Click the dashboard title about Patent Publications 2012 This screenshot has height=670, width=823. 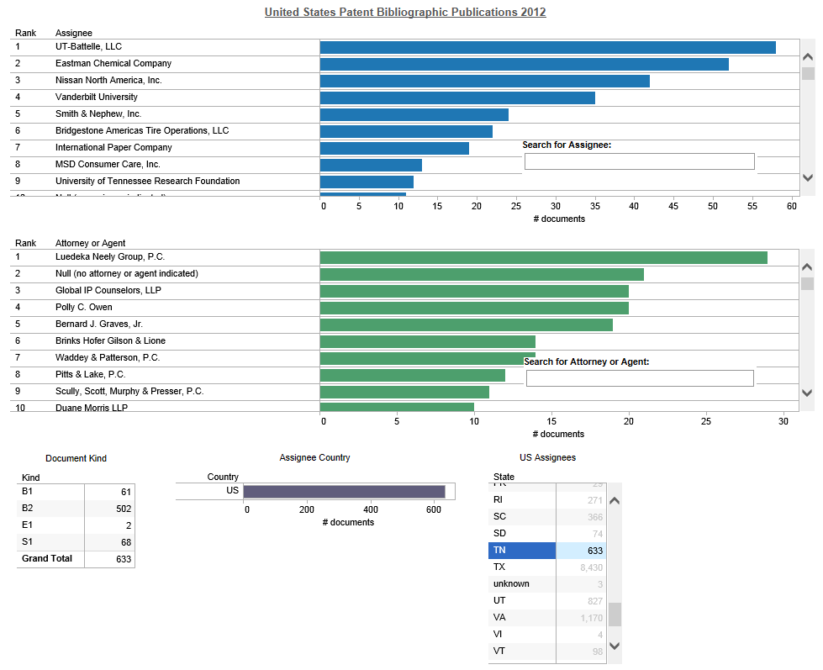coord(405,12)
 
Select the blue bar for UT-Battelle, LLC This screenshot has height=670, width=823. coord(547,47)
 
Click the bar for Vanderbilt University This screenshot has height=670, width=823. coord(457,98)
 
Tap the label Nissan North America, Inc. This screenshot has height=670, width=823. coord(108,80)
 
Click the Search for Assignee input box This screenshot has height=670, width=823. coord(639,161)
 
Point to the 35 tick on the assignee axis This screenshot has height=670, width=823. coord(594,205)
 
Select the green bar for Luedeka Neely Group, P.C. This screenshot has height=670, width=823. coord(543,257)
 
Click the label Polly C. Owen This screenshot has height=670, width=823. coord(84,307)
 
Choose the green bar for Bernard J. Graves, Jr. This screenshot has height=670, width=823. coord(466,324)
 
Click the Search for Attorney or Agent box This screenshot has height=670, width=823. coord(639,378)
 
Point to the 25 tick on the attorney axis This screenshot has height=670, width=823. coord(706,421)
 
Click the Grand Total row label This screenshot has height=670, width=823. coord(47,558)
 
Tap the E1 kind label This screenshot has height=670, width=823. coord(27,525)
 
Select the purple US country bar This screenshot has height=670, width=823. coord(344,492)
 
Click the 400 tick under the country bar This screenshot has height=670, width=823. coord(370,509)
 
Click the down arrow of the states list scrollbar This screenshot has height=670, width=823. coord(615,646)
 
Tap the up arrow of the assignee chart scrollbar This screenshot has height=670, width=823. coord(808,57)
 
